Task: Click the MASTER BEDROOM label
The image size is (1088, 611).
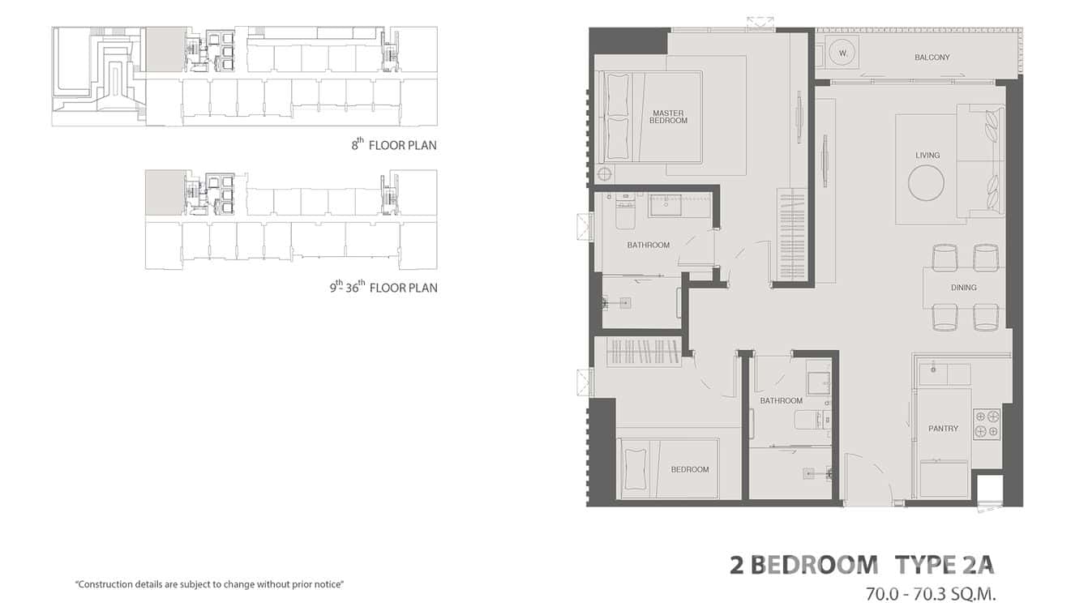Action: pos(668,117)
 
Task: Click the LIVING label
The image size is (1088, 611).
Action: pos(927,155)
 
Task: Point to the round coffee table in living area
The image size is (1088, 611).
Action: pos(926,183)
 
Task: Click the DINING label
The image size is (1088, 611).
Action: pos(963,288)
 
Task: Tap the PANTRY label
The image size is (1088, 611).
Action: pos(943,429)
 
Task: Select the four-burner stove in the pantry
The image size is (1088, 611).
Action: pos(987,424)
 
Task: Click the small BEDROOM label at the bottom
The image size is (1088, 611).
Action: pos(689,469)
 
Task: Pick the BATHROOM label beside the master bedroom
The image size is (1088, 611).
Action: pos(648,245)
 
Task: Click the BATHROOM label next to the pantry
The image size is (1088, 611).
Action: pos(781,401)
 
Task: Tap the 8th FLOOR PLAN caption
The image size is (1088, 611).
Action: pos(394,146)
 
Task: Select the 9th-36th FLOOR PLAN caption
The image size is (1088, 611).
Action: pos(383,287)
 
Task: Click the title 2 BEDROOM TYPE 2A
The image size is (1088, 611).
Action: pos(861,565)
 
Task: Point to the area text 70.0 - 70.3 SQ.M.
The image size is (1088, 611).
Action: pos(930,594)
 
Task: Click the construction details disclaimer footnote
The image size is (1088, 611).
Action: pos(209,584)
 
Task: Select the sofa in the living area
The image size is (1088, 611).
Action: pos(981,160)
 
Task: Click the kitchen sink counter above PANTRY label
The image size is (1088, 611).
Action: pos(945,374)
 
